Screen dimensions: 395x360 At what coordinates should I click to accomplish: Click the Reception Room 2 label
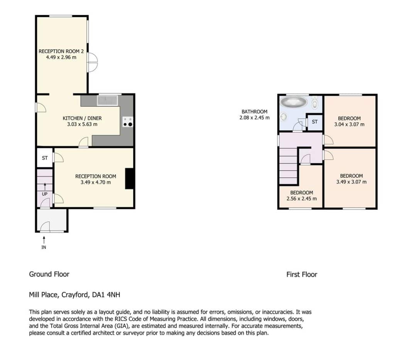click(61, 51)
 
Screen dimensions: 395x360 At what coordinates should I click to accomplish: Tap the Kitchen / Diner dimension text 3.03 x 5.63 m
click(82, 124)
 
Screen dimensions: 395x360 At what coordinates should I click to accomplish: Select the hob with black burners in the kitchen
click(128, 121)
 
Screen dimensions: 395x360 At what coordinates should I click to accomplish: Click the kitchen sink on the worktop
click(108, 101)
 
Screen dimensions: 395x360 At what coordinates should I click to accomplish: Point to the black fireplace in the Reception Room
click(130, 178)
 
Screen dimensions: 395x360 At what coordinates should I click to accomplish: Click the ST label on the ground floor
click(45, 158)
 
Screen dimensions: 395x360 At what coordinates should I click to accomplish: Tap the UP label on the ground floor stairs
click(45, 194)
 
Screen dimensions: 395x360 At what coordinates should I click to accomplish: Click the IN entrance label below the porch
click(44, 247)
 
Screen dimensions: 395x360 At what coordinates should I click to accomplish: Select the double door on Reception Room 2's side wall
click(92, 62)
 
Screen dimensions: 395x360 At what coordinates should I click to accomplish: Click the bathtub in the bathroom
click(294, 102)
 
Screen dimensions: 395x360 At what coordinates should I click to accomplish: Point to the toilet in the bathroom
click(315, 103)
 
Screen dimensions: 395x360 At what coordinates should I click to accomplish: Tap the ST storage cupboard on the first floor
click(315, 122)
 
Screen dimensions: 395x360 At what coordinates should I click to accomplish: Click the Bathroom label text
click(255, 111)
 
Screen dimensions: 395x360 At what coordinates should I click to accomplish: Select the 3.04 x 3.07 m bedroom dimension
click(349, 124)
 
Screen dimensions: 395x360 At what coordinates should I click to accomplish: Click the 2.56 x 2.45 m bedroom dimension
click(302, 199)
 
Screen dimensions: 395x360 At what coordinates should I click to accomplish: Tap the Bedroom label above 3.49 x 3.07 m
click(351, 176)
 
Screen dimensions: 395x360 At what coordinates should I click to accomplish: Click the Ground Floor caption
click(49, 274)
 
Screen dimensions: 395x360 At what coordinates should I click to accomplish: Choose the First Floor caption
click(302, 274)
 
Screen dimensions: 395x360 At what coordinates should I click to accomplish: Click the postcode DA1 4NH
click(106, 294)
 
